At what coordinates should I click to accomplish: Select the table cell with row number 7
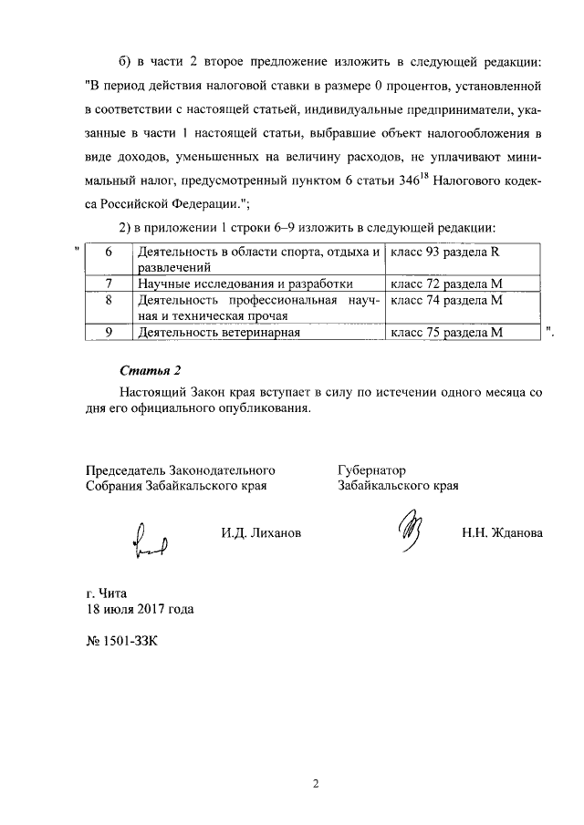point(109,284)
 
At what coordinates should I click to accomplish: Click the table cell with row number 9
point(109,333)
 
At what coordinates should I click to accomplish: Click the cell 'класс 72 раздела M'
point(446,284)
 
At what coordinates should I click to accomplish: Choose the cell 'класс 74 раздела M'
point(446,299)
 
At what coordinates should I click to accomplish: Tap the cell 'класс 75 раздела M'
point(446,333)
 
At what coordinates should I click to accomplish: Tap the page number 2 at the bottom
point(314,782)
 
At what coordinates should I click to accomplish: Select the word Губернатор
point(371,469)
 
